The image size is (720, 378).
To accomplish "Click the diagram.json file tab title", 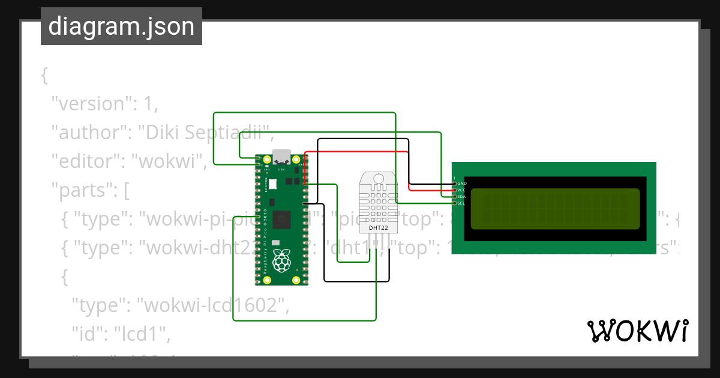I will [121, 27].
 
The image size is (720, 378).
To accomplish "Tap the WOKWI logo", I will [637, 331].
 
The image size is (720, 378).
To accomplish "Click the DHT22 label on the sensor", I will [377, 228].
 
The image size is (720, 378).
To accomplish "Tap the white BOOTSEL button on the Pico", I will [272, 184].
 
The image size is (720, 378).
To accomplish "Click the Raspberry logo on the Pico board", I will [281, 260].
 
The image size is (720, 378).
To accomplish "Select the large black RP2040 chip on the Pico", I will [281, 220].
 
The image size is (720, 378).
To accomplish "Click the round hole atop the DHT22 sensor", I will [378, 179].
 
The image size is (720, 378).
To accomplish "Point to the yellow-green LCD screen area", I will [555, 209].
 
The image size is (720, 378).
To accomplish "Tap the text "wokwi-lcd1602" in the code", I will [211, 305].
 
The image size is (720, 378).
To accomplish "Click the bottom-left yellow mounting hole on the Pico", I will [267, 280].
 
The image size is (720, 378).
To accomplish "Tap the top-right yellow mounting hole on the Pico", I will [296, 159].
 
